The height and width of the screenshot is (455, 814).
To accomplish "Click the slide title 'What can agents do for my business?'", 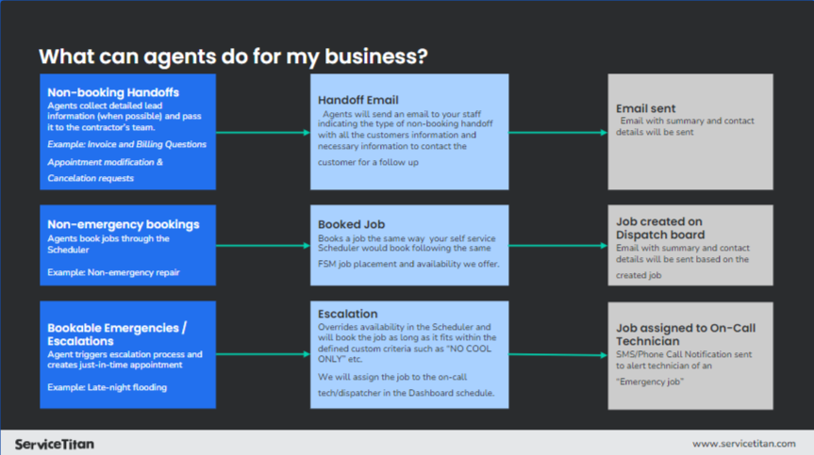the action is pos(233,57).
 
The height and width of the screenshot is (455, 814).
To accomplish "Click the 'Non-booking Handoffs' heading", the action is pos(113,92).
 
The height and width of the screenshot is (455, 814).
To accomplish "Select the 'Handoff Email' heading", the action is pos(358,100).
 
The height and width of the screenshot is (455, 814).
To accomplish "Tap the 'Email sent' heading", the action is pos(646,108).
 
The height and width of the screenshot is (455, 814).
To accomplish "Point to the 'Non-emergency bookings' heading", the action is pos(124,224).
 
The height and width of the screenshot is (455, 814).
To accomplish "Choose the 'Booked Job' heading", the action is pos(352,224).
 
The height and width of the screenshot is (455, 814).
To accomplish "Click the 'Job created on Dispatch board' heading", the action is pos(660,228).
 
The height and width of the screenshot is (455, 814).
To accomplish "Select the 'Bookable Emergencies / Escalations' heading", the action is pos(117,334).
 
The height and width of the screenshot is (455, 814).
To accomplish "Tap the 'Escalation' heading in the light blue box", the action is pos(348,314).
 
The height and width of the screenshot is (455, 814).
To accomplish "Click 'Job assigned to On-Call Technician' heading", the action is pos(686,334).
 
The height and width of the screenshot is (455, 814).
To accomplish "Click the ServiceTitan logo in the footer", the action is pos(55,444).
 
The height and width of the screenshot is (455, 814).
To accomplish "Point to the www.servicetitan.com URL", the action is pos(744,444).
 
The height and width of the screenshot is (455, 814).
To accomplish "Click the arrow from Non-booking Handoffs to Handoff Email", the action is pos(263,133).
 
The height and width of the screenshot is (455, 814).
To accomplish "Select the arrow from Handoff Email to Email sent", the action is pos(558,133).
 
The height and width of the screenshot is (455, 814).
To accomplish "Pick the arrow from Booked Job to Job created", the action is pos(558,246).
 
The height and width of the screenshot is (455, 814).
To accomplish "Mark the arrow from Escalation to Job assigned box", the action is pos(558,355).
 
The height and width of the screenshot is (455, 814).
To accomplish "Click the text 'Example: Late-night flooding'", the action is pos(107,387).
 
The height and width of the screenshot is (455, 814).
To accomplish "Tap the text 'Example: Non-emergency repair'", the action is pos(113,272).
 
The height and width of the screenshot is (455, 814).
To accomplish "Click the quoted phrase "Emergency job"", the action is pos(650,382).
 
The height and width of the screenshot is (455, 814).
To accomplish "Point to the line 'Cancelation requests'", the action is pos(91,178).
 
